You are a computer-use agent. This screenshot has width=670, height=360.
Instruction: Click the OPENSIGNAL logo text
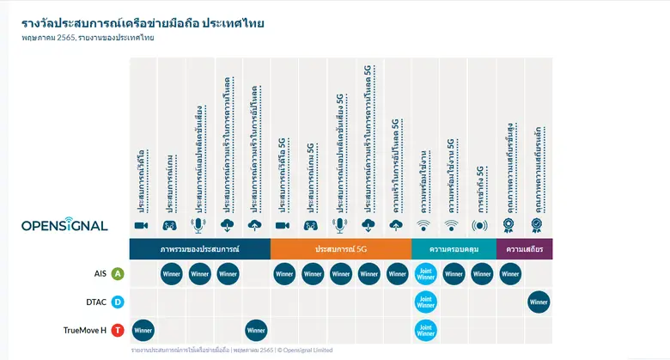point(64,225)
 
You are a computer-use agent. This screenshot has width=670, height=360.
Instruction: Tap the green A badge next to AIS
point(118,274)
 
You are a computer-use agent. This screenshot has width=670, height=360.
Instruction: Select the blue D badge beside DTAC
point(118,302)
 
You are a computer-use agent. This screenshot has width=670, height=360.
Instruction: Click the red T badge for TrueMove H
point(118,330)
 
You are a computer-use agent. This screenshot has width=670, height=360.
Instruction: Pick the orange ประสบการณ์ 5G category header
point(340,248)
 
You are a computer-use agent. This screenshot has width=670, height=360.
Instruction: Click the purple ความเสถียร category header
point(524,248)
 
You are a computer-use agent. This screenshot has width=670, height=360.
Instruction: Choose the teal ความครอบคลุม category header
point(453,248)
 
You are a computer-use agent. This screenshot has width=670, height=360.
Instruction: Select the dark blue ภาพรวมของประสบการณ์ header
point(199,248)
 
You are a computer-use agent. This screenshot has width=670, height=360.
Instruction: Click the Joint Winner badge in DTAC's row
point(425,302)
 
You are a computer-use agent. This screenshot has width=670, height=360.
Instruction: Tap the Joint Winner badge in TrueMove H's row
point(425,330)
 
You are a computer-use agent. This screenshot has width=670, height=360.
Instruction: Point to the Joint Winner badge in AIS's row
point(425,274)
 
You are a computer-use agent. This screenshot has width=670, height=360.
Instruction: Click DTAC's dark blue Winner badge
point(539,302)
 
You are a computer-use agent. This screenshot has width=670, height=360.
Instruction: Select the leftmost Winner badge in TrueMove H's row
point(143,330)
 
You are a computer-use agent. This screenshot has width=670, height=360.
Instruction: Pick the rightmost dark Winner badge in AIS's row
point(510,274)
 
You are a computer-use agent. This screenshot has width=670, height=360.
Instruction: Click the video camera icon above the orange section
point(284,225)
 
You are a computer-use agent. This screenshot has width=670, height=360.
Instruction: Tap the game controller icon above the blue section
point(171,225)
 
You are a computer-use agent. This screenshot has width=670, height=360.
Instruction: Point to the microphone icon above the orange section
point(341,225)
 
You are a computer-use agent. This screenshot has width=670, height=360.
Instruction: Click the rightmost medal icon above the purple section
point(538,225)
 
